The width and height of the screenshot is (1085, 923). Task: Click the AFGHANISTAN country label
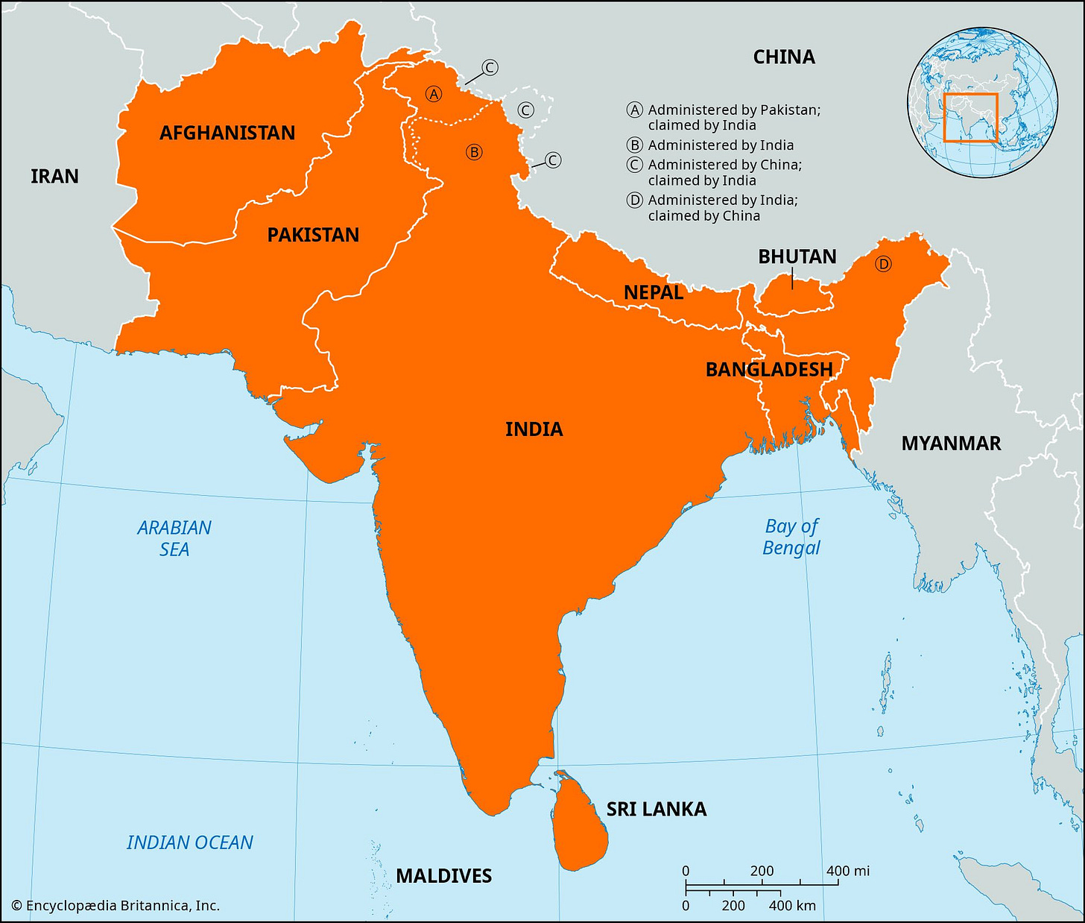click(x=227, y=133)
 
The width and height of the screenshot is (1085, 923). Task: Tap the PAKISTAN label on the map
click(x=313, y=235)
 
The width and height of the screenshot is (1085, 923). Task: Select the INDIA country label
click(x=534, y=429)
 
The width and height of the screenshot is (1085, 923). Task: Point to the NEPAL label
click(x=654, y=292)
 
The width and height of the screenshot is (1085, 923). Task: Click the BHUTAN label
click(x=797, y=256)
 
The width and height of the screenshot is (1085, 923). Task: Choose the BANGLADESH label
click(x=769, y=369)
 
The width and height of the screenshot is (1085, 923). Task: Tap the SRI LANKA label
click(x=656, y=809)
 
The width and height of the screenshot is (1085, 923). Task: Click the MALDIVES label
click(x=443, y=875)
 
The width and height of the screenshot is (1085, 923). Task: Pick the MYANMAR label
click(x=951, y=444)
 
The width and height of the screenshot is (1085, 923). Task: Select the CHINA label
click(x=784, y=57)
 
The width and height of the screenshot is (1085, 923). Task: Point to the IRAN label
click(x=54, y=176)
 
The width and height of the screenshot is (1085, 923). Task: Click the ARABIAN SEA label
click(x=174, y=538)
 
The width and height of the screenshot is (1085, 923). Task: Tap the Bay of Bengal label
click(x=791, y=537)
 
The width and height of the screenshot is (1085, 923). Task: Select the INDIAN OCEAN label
click(x=190, y=842)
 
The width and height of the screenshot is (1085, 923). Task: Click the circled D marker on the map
click(x=883, y=264)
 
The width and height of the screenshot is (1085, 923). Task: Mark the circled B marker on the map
click(x=474, y=152)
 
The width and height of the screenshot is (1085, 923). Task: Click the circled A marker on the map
click(x=433, y=94)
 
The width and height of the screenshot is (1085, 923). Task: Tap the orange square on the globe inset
click(x=970, y=118)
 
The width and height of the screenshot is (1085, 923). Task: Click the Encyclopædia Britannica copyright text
click(x=116, y=906)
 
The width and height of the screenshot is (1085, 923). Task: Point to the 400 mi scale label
click(x=848, y=871)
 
